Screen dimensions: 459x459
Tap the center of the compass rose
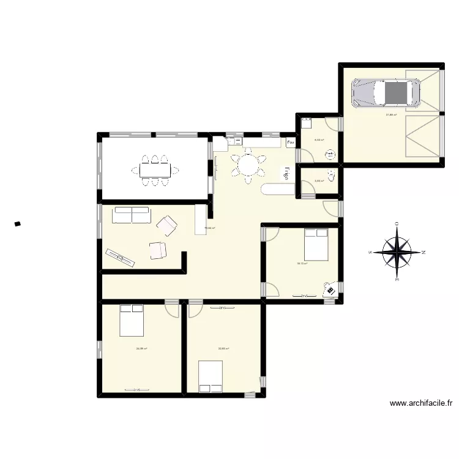click(x=397, y=252)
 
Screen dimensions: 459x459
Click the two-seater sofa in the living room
click(x=132, y=215)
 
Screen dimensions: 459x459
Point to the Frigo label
click(x=285, y=174)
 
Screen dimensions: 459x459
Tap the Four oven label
click(x=291, y=143)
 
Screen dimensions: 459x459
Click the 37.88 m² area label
click(x=391, y=114)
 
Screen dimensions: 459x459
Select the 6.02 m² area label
click(x=319, y=140)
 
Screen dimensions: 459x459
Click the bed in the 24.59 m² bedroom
click(x=132, y=320)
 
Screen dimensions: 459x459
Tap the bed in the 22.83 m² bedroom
click(x=211, y=376)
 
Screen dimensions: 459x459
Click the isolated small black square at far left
click(x=18, y=224)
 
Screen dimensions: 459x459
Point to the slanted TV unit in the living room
click(x=120, y=258)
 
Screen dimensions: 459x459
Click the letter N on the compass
click(x=424, y=252)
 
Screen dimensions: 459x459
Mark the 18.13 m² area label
click(x=302, y=264)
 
